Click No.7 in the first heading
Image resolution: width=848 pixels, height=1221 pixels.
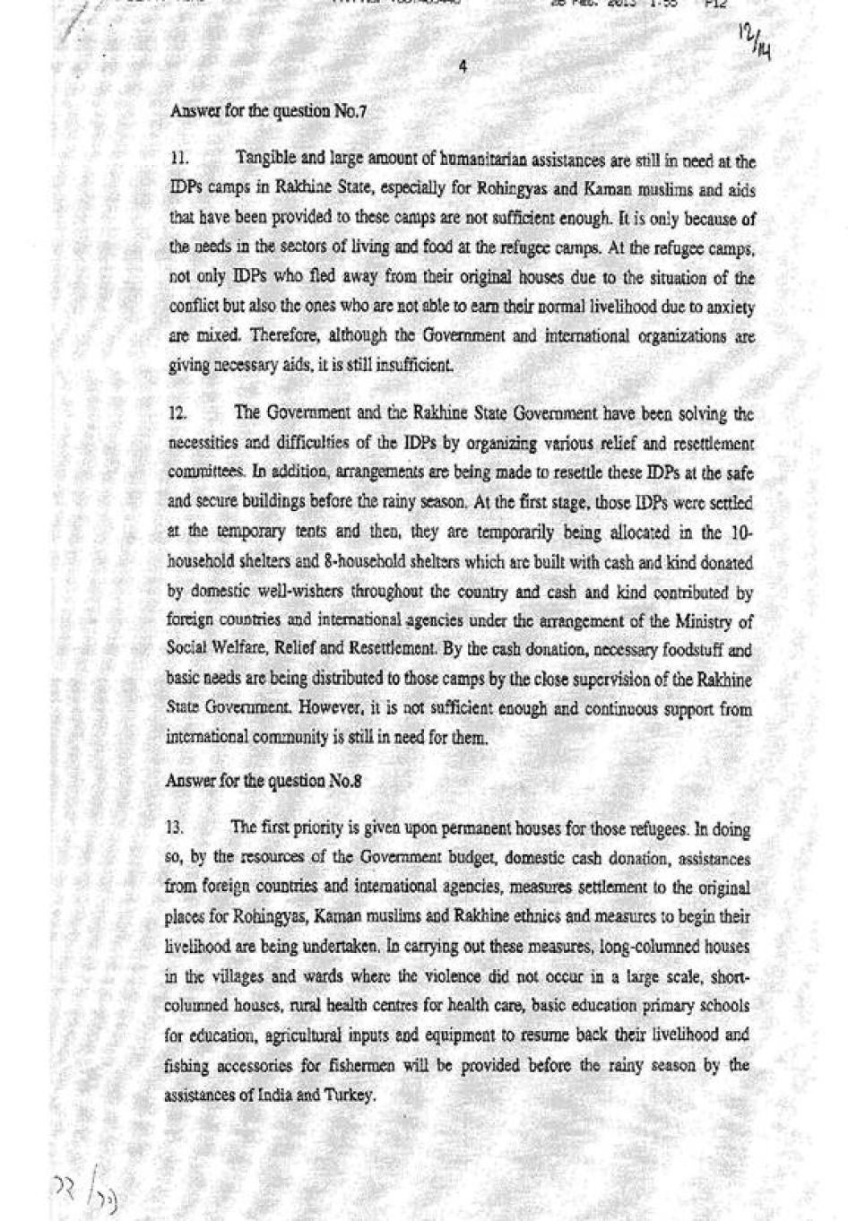click(350, 112)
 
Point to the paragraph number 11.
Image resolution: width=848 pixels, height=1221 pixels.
click(178, 160)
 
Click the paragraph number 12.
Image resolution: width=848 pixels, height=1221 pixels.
click(177, 414)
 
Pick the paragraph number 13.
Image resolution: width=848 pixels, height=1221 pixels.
click(175, 828)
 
